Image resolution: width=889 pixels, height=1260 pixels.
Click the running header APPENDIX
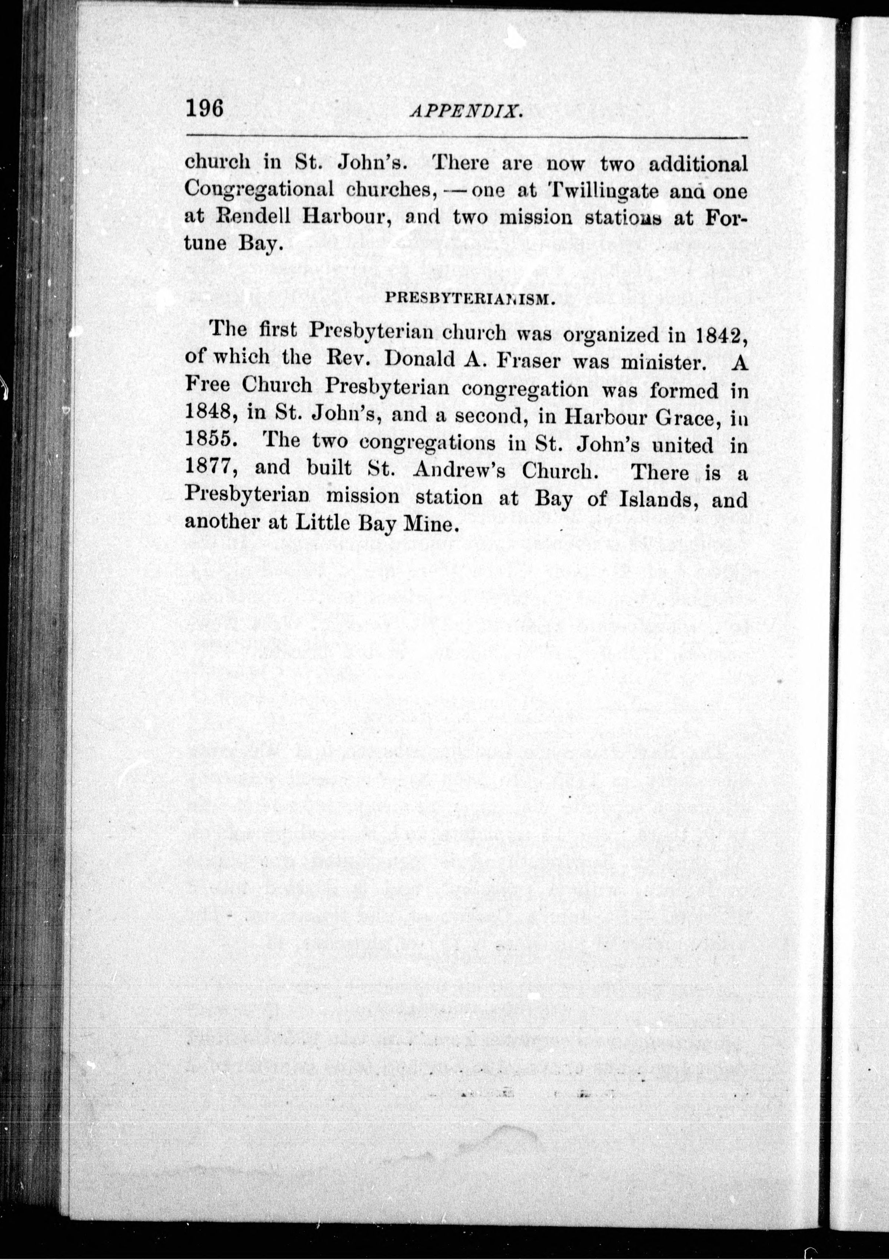(x=465, y=112)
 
